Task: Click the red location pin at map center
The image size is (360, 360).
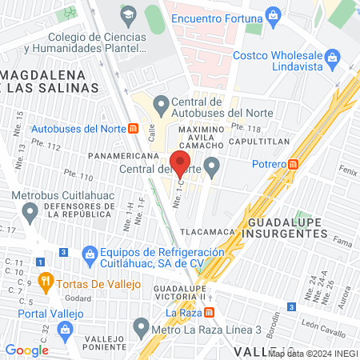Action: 180,163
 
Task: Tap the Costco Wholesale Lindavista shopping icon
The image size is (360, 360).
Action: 332,56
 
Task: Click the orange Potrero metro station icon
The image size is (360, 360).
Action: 294,164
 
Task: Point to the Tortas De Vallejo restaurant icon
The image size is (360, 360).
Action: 46,282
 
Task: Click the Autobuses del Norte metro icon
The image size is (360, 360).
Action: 133,128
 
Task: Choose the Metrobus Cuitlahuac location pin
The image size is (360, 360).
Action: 30,213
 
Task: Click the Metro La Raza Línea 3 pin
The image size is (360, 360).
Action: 141,327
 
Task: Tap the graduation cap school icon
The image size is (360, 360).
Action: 128,15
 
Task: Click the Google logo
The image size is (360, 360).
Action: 27,350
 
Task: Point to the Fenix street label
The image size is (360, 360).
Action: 347,171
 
